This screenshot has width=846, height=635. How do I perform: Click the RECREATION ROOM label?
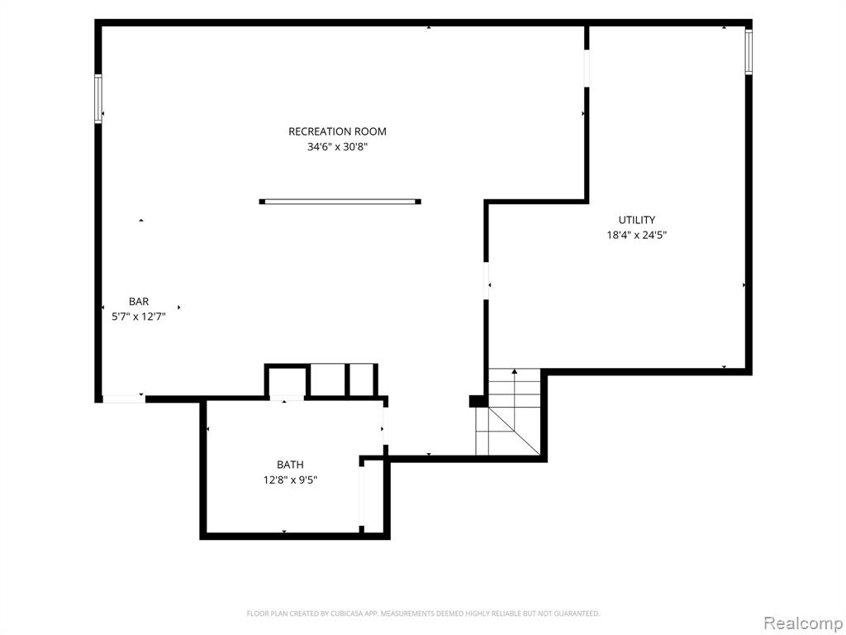click(337, 131)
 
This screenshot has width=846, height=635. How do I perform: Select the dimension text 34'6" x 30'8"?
click(337, 146)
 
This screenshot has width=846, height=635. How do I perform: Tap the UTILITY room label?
click(637, 220)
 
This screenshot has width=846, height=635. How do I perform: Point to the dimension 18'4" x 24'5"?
click(637, 235)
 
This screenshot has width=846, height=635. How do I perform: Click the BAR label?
click(139, 301)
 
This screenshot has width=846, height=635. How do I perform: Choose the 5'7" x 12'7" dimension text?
click(139, 317)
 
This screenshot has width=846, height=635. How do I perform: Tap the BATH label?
click(290, 465)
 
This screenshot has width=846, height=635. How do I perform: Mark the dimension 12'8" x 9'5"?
click(290, 480)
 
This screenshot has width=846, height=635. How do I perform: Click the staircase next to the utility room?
click(508, 412)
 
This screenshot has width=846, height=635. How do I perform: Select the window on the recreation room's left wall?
click(98, 99)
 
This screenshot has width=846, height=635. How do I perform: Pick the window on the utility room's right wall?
click(749, 52)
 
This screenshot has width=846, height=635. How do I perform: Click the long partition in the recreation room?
click(340, 202)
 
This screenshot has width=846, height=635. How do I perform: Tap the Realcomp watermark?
click(801, 623)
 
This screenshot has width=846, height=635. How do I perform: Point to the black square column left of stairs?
click(477, 401)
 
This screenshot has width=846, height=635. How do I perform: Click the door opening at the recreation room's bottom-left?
click(124, 399)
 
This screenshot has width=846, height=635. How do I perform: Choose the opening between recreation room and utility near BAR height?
click(486, 280)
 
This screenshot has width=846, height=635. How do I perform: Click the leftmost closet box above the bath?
click(287, 382)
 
